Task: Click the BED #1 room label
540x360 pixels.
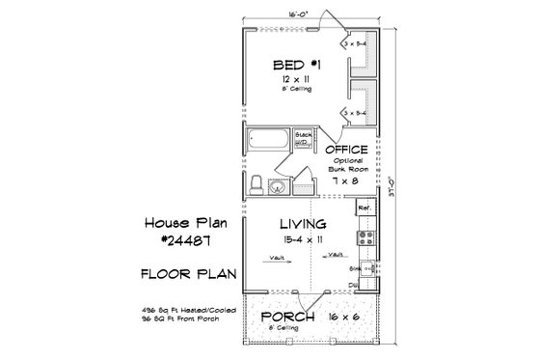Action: click(292, 65)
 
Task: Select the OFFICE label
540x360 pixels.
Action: click(348, 152)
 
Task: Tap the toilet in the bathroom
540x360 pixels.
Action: click(256, 182)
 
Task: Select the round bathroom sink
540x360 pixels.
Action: click(279, 187)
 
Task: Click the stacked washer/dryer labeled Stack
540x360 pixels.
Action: click(301, 137)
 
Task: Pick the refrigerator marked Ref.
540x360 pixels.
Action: click(364, 208)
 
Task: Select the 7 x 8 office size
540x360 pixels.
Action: click(347, 180)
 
